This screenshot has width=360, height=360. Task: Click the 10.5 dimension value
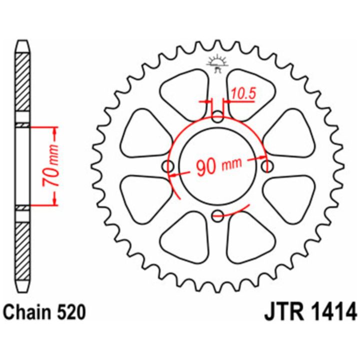pos(243,93)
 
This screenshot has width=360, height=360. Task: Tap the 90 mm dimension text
pos(219,165)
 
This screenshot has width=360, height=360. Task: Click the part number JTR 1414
pos(310,312)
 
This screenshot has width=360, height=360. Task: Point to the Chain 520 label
pos(45,312)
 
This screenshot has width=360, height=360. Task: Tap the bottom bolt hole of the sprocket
pos(217,215)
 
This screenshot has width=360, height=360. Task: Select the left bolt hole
pos(168,166)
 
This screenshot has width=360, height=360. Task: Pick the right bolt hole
pos(267,166)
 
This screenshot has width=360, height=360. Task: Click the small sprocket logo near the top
pos(217,64)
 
